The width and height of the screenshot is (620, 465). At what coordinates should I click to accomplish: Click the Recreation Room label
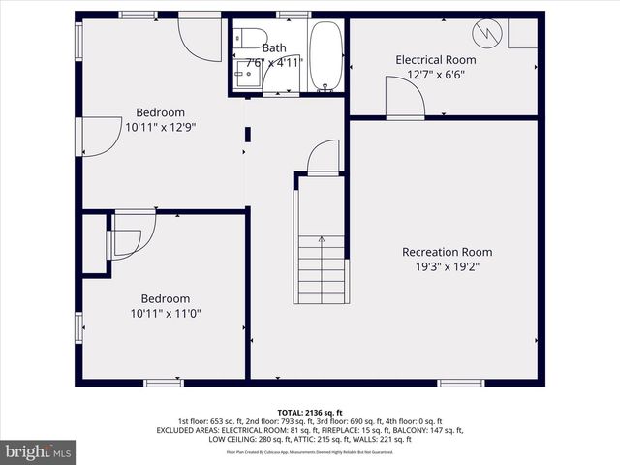441,252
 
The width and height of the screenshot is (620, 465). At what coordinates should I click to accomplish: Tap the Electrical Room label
436,60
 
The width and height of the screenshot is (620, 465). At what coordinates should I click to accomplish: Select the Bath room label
274,47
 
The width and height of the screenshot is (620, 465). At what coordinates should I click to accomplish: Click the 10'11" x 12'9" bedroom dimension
160,126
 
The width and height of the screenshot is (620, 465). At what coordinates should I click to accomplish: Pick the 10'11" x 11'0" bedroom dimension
166,313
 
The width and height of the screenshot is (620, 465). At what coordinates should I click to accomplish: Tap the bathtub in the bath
325,55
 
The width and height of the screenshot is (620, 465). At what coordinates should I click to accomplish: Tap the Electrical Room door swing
402,97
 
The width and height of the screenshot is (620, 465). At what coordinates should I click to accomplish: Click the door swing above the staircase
325,157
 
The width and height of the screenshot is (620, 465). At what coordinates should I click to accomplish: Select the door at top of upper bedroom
201,37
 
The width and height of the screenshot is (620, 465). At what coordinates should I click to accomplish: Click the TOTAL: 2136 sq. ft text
310,413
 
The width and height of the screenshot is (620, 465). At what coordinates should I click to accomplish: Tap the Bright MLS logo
39,450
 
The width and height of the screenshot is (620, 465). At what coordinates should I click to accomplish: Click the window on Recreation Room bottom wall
461,383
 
